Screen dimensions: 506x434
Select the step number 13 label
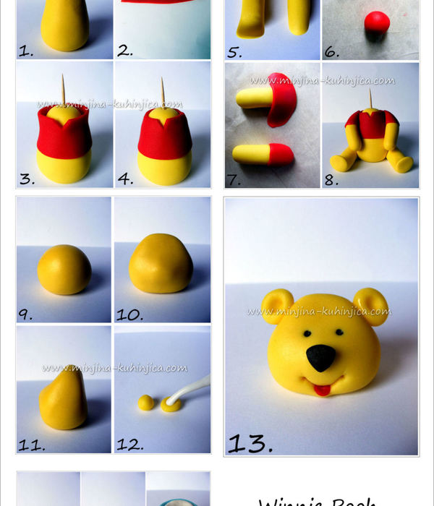click(x=250, y=442)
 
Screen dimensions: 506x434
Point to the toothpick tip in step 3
click(x=63, y=77)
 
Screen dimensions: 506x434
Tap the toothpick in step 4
click(x=160, y=90)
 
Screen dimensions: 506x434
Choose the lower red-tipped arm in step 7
click(x=262, y=154)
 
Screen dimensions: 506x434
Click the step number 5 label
click(x=235, y=52)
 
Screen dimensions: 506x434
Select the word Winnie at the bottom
click(x=289, y=501)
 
